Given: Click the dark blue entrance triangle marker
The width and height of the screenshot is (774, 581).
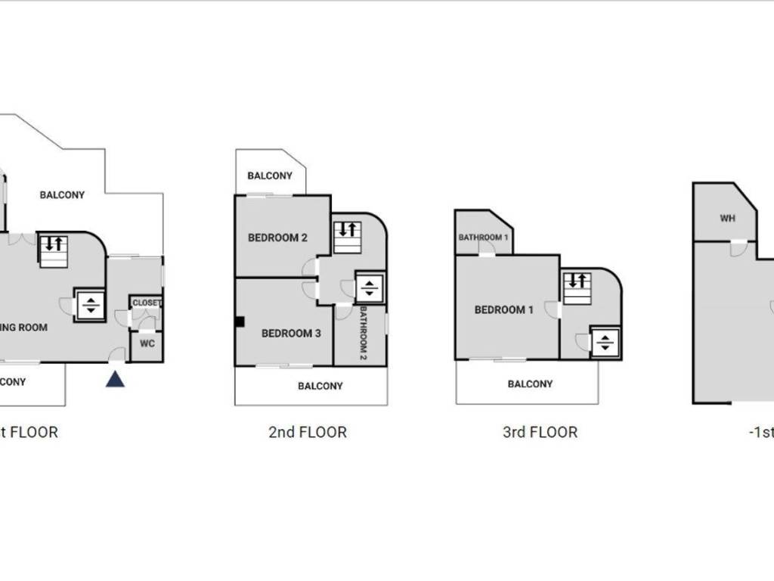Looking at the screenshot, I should pyautogui.click(x=115, y=379).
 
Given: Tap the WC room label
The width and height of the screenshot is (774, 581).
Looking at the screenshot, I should pyautogui.click(x=147, y=343).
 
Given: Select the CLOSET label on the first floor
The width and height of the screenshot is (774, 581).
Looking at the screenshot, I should pyautogui.click(x=147, y=303).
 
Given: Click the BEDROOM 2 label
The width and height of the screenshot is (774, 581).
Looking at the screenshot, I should pyautogui.click(x=277, y=238).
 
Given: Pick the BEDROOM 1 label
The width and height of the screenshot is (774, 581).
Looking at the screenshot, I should pyautogui.click(x=504, y=309).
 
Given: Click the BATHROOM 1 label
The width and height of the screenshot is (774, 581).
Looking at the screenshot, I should pyautogui.click(x=483, y=238).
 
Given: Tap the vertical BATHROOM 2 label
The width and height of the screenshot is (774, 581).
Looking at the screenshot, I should pyautogui.click(x=363, y=332).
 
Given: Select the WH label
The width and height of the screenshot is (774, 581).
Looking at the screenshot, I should pyautogui.click(x=727, y=219).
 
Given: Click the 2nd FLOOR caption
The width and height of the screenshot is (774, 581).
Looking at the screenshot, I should pyautogui.click(x=308, y=433).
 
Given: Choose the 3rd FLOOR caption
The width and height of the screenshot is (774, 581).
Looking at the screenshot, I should pyautogui.click(x=540, y=433).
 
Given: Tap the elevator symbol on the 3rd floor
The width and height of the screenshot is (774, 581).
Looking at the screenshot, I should pyautogui.click(x=605, y=342).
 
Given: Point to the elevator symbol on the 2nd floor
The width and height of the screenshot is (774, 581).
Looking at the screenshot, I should pyautogui.click(x=370, y=287).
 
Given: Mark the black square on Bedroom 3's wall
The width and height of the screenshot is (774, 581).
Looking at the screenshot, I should pyautogui.click(x=240, y=322).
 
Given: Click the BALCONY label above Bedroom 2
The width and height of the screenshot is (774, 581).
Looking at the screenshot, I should pyautogui.click(x=270, y=176).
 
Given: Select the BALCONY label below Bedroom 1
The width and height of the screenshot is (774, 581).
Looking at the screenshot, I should pyautogui.click(x=530, y=384).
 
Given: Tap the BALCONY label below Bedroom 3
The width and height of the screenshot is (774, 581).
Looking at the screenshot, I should pyautogui.click(x=320, y=386).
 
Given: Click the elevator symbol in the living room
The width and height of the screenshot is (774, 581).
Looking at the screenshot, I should pyautogui.click(x=90, y=305).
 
